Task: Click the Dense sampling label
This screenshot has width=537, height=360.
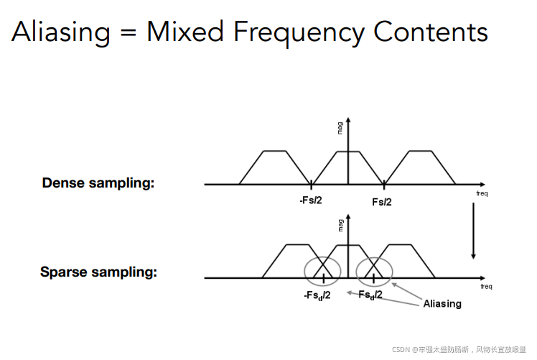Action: click(x=98, y=183)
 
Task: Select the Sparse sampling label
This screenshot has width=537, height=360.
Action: click(x=98, y=272)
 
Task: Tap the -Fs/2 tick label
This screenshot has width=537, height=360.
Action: click(x=311, y=200)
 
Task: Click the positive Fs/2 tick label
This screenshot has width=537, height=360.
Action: click(x=382, y=202)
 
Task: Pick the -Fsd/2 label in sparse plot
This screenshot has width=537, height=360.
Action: click(x=317, y=294)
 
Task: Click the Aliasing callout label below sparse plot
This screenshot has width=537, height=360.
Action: click(x=442, y=303)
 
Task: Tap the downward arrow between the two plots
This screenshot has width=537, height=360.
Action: click(x=473, y=230)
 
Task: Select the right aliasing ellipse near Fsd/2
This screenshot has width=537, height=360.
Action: click(x=375, y=269)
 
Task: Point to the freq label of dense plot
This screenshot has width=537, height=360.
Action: click(x=482, y=193)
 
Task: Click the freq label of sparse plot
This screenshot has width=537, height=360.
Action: click(x=486, y=287)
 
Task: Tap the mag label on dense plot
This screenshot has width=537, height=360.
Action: click(x=340, y=129)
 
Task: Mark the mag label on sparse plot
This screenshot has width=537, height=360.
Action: click(x=340, y=224)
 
